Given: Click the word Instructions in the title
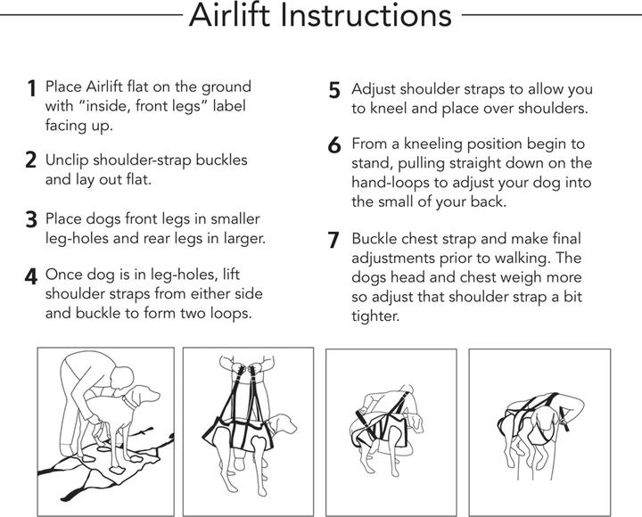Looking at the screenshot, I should coord(366,15).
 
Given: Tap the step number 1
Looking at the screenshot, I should coord(31,89).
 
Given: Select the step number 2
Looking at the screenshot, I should coord(31,161).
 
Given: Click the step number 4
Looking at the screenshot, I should coord(31,276).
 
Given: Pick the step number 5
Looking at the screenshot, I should coord(334,91).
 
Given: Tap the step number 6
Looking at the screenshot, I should coord(334,145).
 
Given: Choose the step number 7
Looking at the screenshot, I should coord(334,240).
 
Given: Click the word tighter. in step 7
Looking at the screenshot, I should coord(375,316).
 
